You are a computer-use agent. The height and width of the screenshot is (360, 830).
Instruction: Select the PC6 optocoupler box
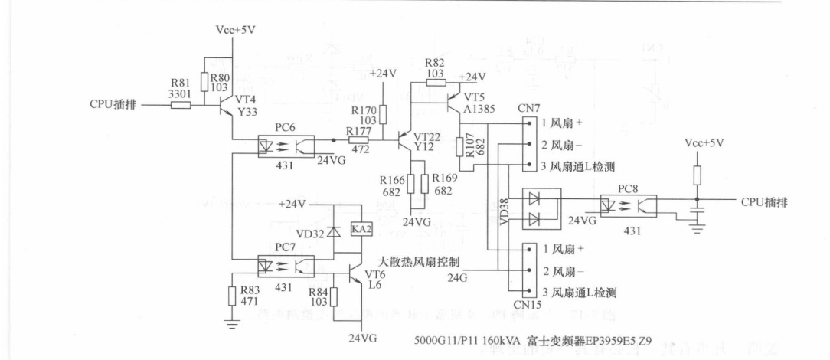284,143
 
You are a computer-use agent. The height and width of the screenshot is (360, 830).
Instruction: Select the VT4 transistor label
246,99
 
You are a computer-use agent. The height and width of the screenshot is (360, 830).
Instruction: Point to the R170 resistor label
364,110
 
